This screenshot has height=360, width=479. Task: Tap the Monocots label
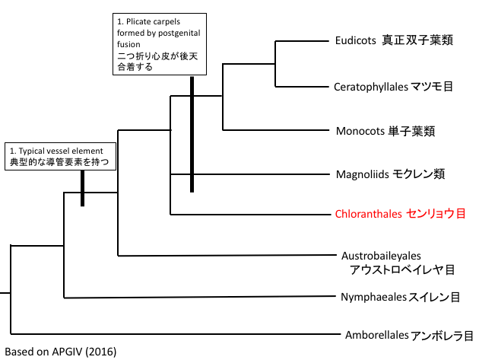point(360,130)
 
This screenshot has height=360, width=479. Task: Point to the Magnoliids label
point(362,174)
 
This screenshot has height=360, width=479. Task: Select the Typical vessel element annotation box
point(62,156)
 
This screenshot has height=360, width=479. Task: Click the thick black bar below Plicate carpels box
point(192,133)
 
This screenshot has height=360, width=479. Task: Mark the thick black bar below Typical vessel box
point(82,188)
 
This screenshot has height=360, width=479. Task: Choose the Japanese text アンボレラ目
point(442,335)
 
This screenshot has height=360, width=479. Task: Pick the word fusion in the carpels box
point(130,43)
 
